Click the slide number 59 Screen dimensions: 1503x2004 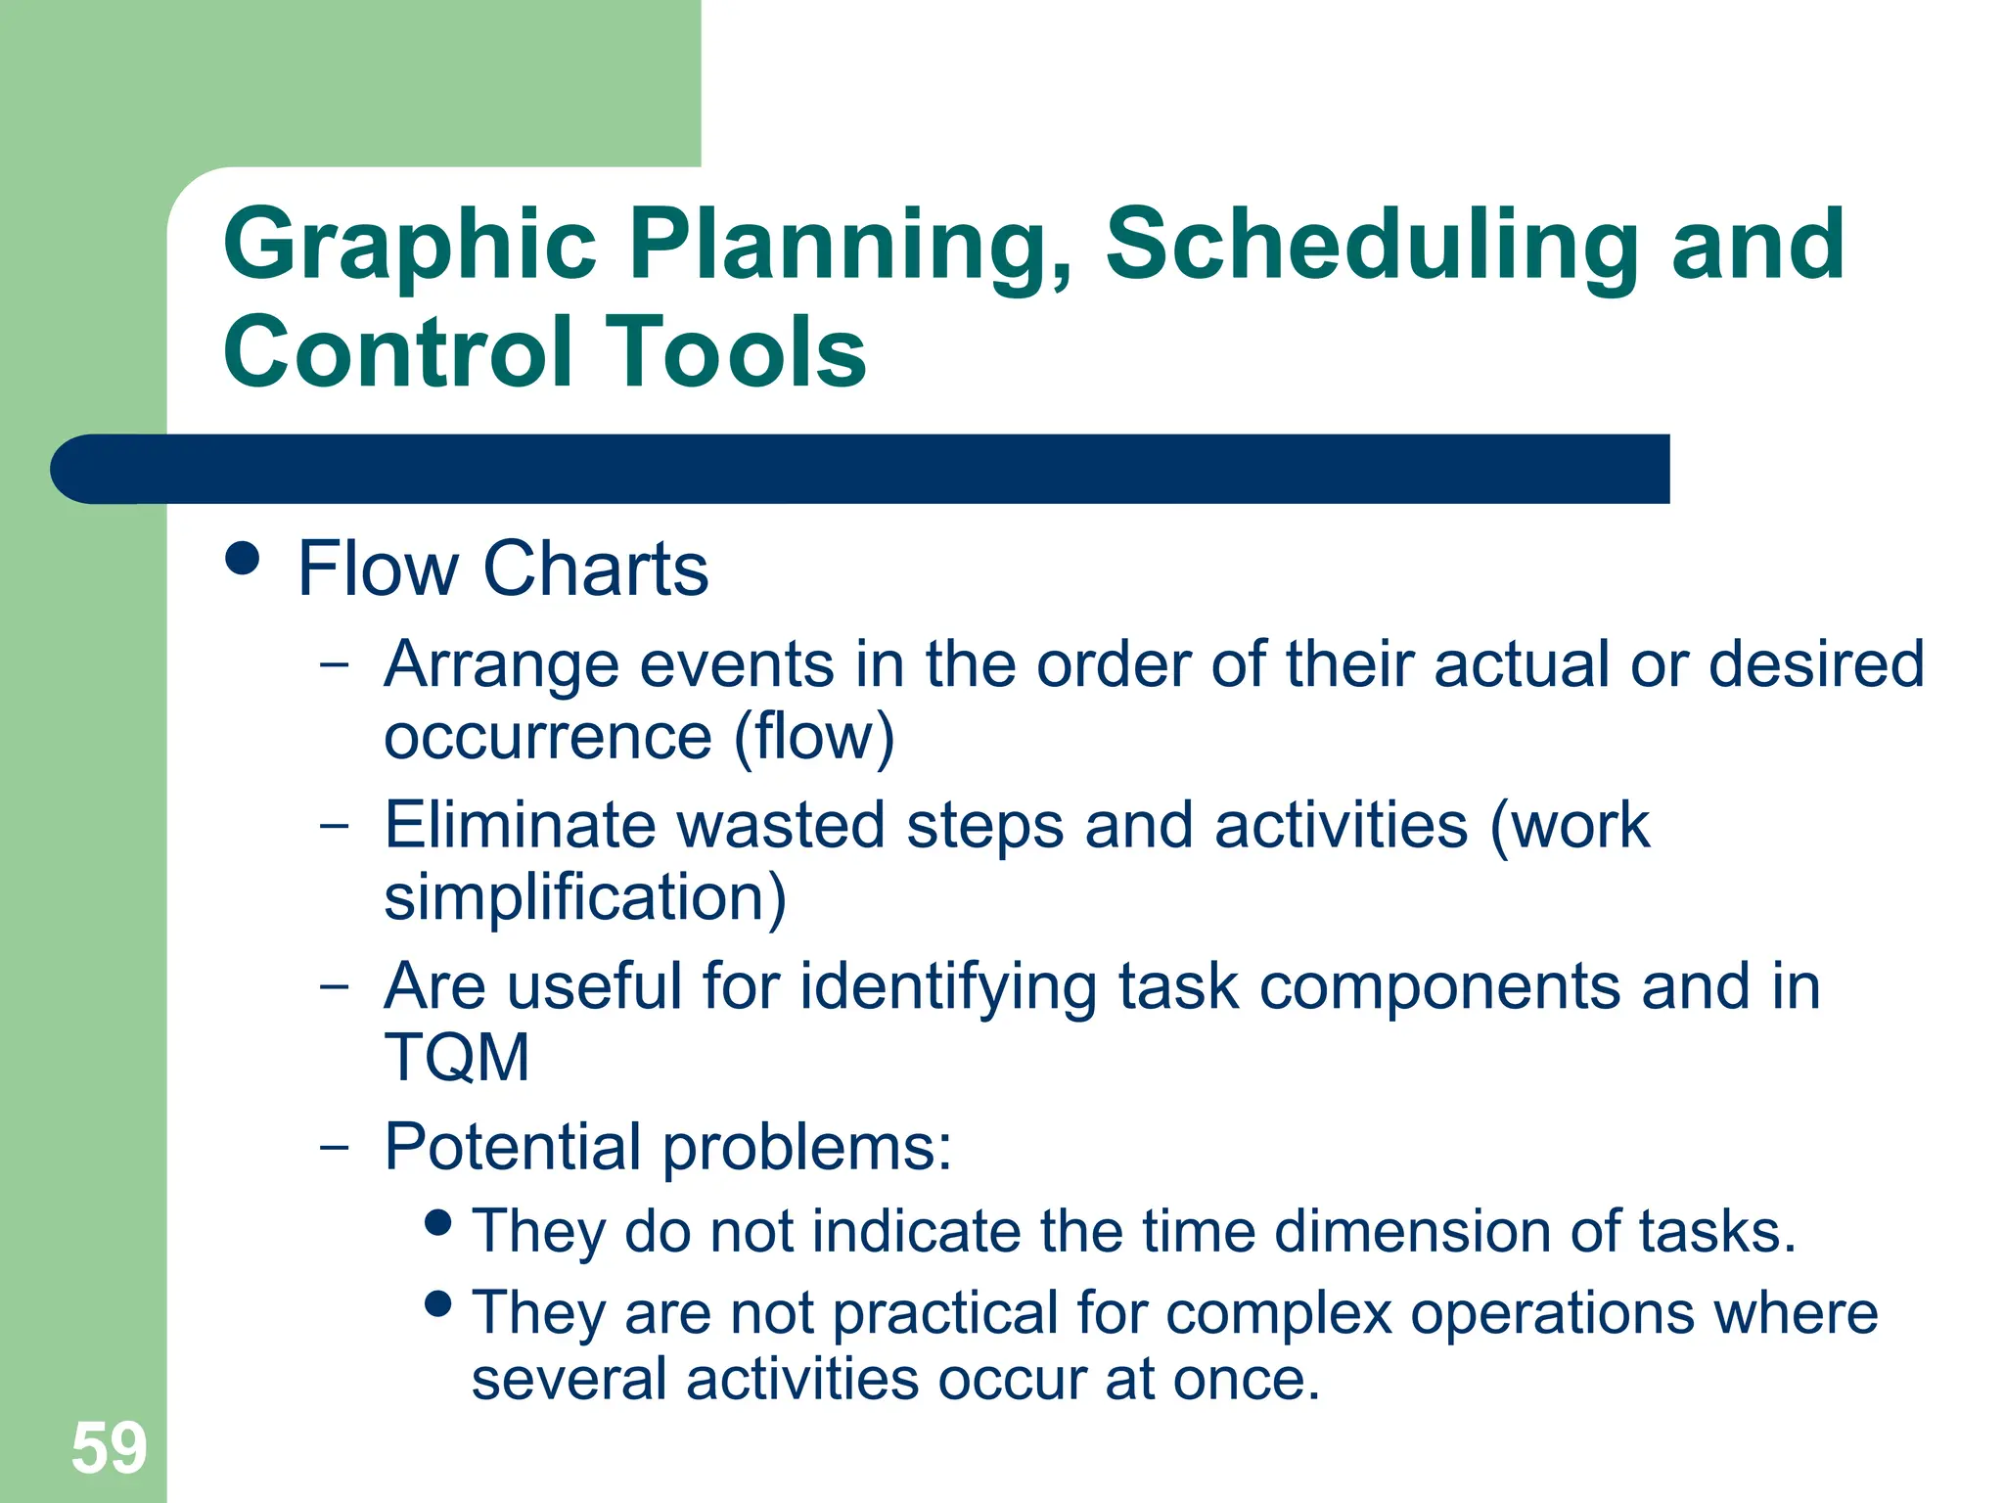(x=109, y=1448)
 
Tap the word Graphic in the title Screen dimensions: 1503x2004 (x=409, y=247)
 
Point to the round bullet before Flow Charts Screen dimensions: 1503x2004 (x=242, y=559)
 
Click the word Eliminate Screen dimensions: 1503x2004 (x=519, y=825)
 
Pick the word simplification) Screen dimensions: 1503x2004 (x=584, y=897)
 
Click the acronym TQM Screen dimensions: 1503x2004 (x=456, y=1058)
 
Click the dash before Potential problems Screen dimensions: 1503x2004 (x=334, y=1144)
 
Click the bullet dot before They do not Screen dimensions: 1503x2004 (x=438, y=1221)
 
